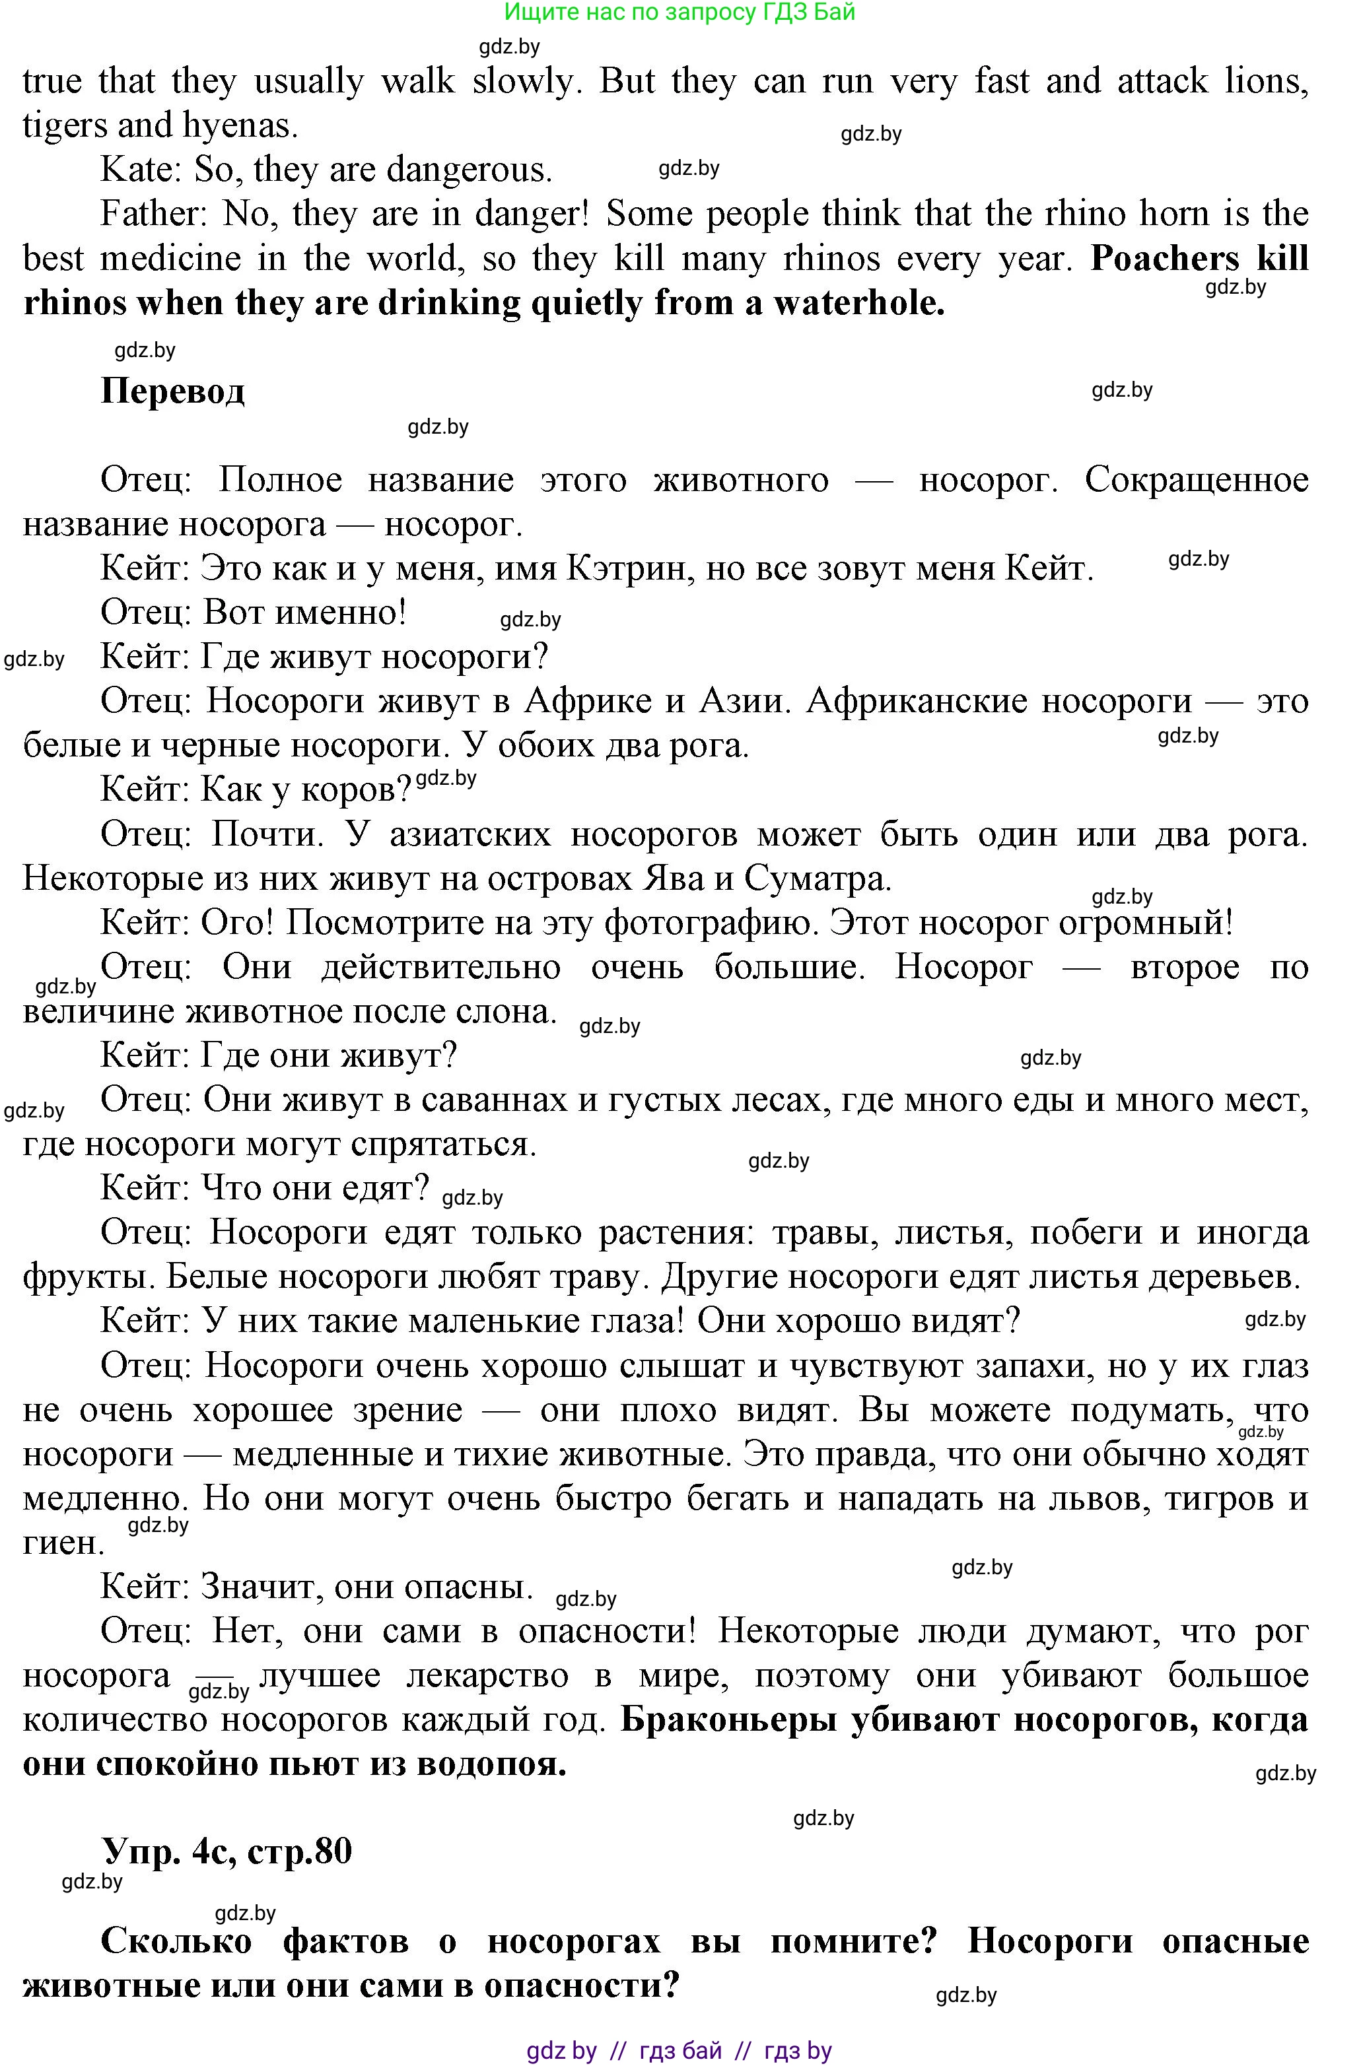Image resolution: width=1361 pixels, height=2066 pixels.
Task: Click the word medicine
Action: coord(170,259)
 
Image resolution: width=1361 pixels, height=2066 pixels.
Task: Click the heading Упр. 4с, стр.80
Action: coord(226,1851)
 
